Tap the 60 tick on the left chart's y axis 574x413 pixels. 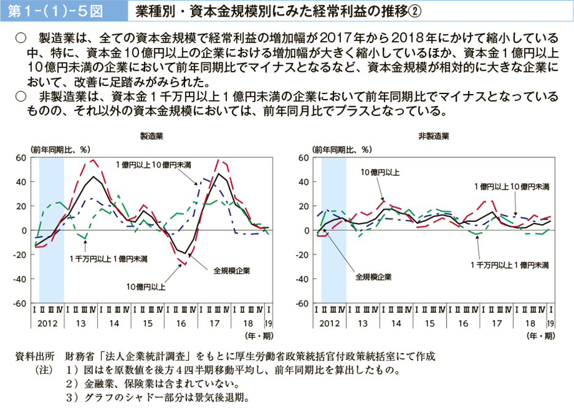tap(20, 158)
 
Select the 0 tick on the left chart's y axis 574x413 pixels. tap(23, 230)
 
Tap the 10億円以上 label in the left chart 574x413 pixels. tap(146, 286)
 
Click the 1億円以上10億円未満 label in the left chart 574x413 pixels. tap(153, 165)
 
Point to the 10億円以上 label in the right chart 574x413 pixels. tap(380, 173)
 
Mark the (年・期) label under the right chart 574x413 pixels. tap(540, 336)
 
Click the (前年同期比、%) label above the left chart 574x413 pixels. tap(60, 149)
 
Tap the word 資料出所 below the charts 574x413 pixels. tap(38, 356)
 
